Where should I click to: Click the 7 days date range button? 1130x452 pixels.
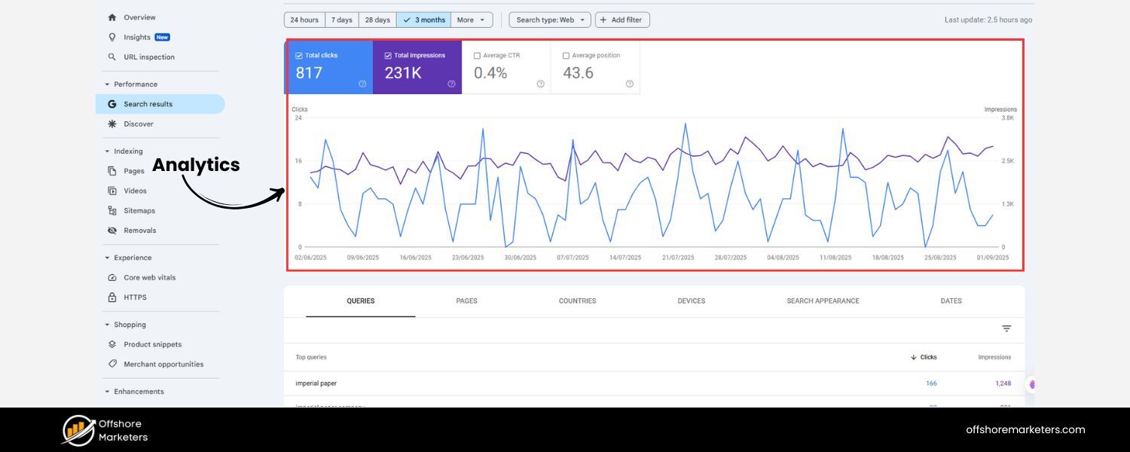click(341, 20)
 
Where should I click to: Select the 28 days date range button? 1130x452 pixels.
click(377, 20)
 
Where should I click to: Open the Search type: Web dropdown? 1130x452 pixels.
click(549, 20)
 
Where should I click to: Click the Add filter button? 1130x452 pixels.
click(622, 20)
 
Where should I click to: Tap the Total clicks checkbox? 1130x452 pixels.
click(299, 56)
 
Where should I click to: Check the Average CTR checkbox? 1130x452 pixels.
click(477, 56)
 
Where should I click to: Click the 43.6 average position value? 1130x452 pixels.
click(579, 73)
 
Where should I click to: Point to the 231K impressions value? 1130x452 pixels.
click(403, 73)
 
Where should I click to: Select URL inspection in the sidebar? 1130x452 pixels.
click(148, 57)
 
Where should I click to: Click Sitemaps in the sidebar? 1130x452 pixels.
click(139, 211)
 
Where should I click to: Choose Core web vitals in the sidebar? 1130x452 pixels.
click(149, 278)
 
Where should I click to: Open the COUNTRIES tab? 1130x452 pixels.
click(577, 301)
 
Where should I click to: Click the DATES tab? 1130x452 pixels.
click(951, 301)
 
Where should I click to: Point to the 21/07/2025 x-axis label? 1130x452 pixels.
click(678, 258)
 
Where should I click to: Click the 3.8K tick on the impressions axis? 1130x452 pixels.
click(1007, 118)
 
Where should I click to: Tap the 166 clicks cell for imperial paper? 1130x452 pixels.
click(931, 383)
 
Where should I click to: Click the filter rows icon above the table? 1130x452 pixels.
click(1006, 328)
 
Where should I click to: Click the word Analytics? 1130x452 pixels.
click(196, 165)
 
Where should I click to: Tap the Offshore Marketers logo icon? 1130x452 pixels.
click(78, 430)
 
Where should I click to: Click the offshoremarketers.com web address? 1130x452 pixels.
click(1025, 430)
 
